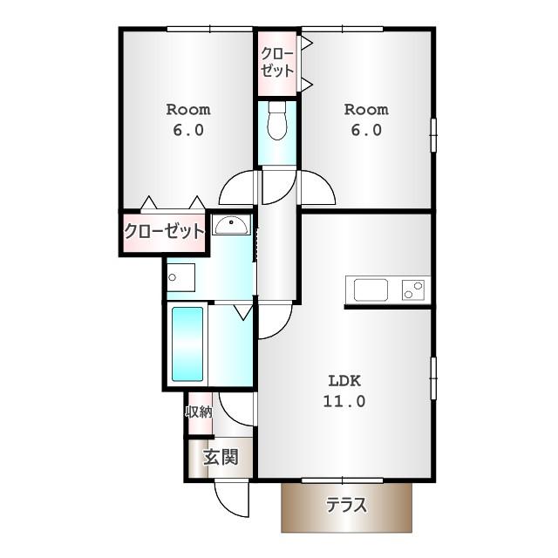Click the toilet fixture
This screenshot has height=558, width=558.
coord(277,120)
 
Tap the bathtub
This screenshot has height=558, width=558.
coord(187,344)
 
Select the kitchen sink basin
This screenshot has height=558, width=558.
coord(371,289)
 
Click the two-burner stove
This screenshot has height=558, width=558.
coord(413,289)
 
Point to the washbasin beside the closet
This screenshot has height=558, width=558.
coord(231,225)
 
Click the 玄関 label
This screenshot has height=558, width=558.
coord(221,457)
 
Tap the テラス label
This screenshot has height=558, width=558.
coord(346,505)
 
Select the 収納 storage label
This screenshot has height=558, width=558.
coord(199,412)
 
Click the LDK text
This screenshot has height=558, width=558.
coord(344,381)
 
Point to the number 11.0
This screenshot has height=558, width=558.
coord(344,401)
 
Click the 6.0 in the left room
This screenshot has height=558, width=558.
coord(188,130)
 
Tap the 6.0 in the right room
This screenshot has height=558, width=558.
coord(366,130)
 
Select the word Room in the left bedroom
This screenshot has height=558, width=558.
coord(188,110)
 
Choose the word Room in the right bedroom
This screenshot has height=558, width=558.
coord(366,110)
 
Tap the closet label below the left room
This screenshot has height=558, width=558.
coord(164,232)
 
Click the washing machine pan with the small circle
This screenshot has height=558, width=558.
coord(180,277)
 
